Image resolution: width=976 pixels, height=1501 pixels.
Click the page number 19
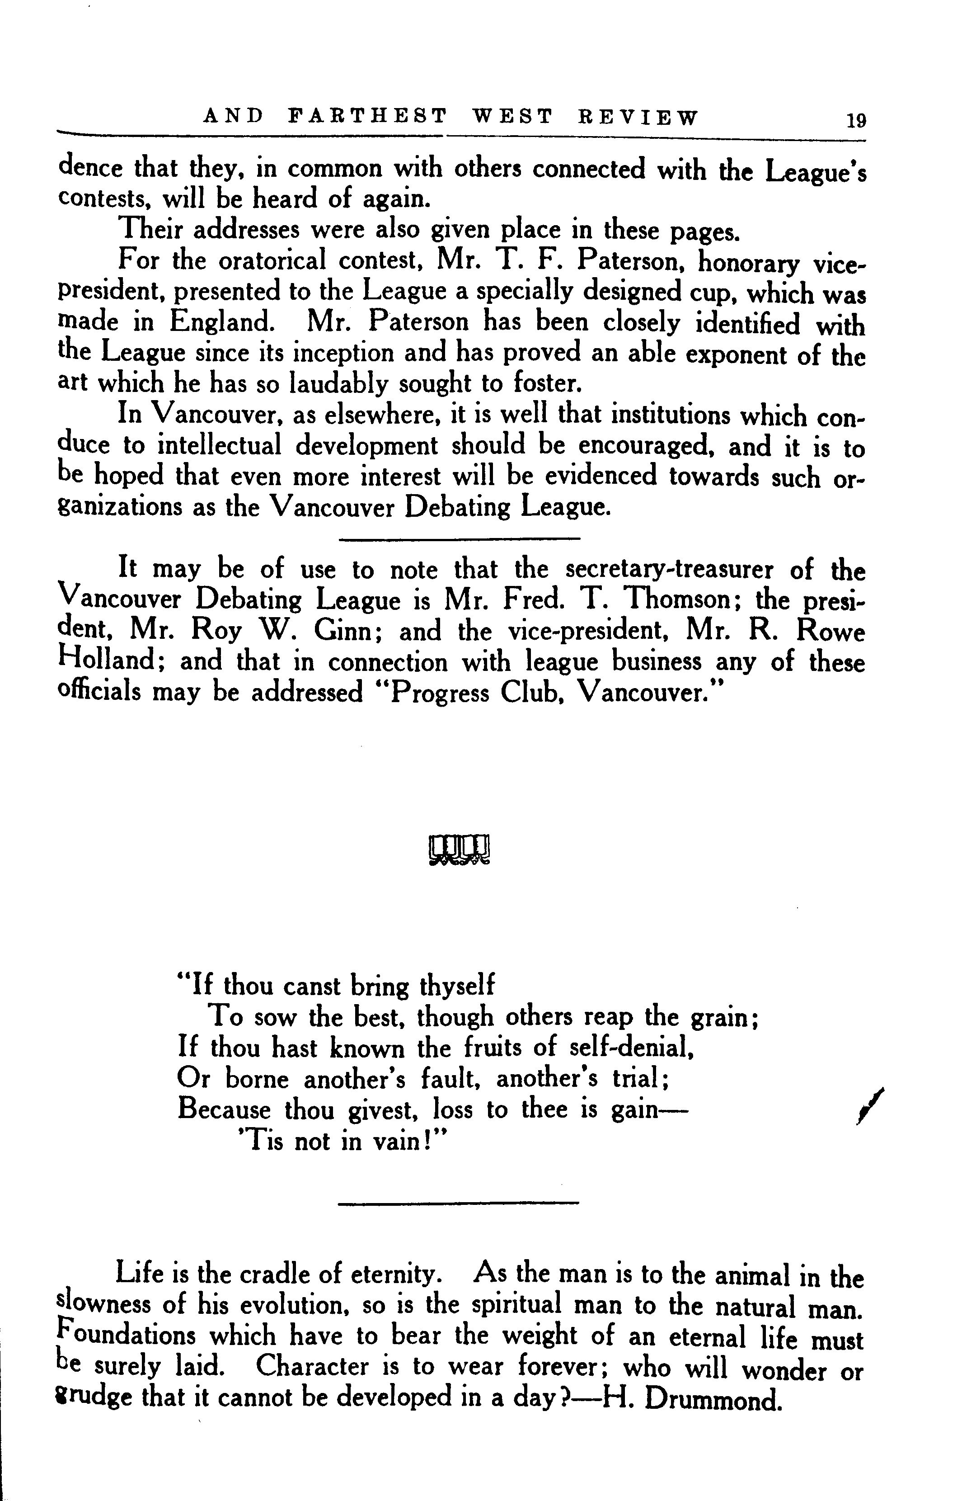point(857,119)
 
